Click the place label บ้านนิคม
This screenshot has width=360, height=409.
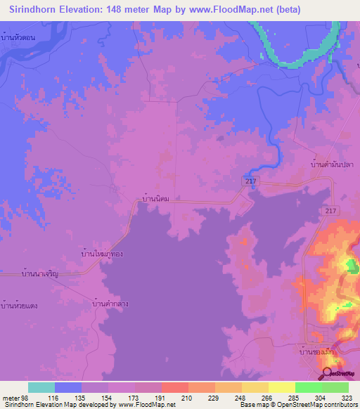[156, 200]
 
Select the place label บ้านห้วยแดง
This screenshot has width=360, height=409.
[19, 304]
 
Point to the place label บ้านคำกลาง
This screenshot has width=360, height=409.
[110, 304]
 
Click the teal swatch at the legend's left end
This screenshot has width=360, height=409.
[41, 387]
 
